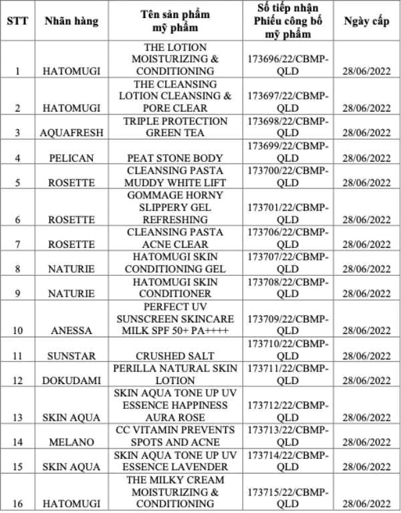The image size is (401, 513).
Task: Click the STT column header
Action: coord(17,21)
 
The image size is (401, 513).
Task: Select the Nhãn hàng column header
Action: coord(71,21)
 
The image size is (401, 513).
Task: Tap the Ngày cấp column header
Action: coord(366,21)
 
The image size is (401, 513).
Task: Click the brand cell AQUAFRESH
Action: coord(72,132)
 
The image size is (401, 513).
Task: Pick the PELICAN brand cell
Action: coord(72,158)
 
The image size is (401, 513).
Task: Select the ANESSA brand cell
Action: coord(72,330)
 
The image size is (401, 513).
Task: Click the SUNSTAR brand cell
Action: coord(72,356)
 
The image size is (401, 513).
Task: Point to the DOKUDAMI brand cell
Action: coord(72,381)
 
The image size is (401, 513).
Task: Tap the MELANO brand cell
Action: coord(72,442)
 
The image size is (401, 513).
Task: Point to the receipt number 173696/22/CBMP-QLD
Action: coord(288,65)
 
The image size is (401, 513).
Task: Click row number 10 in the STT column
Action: coord(17,330)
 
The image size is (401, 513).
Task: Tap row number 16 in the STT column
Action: coord(17,504)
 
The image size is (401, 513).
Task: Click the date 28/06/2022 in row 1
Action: coord(366,71)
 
